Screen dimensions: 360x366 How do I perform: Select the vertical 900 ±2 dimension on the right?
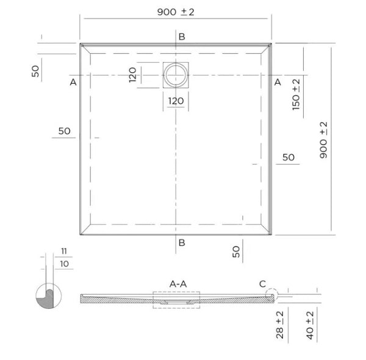(323, 140)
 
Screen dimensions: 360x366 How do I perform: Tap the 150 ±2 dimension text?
(296, 95)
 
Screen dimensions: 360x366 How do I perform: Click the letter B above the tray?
(181, 37)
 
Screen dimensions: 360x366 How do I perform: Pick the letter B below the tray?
(181, 243)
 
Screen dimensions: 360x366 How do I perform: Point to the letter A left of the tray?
(73, 82)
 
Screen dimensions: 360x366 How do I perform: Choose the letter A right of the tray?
(277, 82)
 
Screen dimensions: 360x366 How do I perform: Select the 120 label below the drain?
(176, 101)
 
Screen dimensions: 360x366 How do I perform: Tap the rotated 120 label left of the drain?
(132, 75)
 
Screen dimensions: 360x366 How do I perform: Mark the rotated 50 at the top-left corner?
(36, 71)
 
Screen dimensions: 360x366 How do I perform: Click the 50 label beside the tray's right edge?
(289, 157)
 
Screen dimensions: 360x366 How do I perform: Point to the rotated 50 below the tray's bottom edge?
(237, 251)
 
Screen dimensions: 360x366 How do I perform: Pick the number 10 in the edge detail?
(65, 264)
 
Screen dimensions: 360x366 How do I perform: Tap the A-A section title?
(178, 284)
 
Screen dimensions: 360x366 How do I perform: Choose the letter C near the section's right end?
(262, 284)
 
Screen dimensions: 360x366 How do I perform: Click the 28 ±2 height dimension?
(279, 324)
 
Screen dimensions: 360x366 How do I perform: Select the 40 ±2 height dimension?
(310, 324)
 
